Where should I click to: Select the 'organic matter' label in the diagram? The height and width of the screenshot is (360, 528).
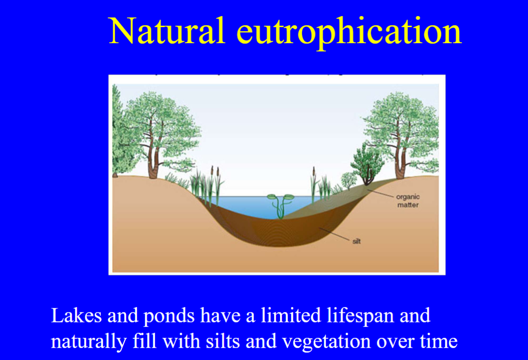[407, 201]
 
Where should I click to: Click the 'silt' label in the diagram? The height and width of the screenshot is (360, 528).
[357, 241]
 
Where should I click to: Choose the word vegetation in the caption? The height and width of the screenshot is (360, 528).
[319, 342]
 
